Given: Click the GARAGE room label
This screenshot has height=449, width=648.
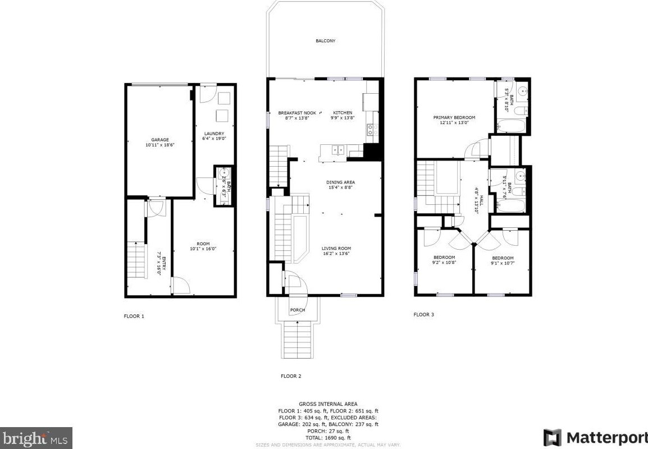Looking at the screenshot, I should [159, 140].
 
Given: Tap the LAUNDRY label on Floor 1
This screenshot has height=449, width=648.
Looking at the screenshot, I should [214, 134].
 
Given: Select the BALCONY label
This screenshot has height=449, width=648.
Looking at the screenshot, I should [325, 41].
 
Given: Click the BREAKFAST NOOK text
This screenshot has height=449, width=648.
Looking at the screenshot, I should [297, 113].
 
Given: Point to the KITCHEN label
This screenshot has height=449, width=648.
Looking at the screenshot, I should [343, 113].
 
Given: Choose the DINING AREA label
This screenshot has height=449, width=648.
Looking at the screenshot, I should [340, 182].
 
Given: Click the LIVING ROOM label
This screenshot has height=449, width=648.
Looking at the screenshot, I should [336, 248].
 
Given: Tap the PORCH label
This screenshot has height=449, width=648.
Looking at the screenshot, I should [298, 310].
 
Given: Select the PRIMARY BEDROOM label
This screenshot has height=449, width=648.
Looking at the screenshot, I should [454, 117].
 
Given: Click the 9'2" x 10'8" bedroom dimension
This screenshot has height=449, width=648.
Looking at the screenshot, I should [444, 262].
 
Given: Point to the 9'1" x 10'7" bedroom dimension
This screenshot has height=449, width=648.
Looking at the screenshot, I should [503, 262].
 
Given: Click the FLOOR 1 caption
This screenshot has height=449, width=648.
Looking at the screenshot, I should [134, 316].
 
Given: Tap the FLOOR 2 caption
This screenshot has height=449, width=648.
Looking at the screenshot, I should [291, 376].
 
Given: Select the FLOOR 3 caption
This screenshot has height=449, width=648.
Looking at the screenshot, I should [424, 315].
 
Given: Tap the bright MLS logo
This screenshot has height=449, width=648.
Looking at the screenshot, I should [36, 437].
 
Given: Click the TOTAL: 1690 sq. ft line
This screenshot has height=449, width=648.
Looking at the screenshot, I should [328, 438].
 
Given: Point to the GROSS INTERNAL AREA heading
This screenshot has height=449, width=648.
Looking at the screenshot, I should [328, 404].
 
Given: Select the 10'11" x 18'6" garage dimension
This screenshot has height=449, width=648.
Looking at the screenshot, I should [159, 145].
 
